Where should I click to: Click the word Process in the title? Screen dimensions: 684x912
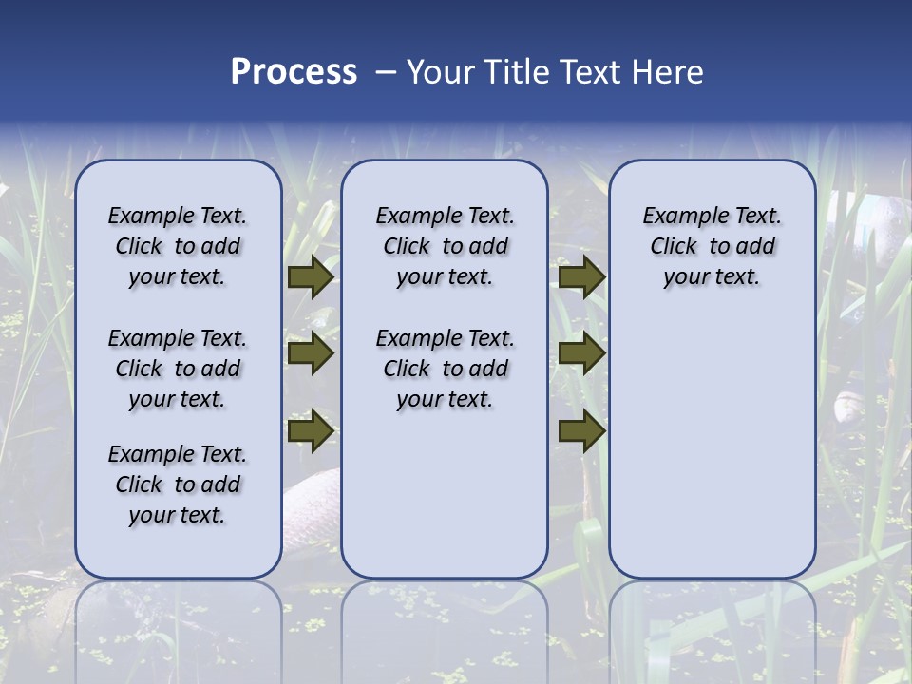294,72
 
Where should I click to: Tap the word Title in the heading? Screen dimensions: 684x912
518,72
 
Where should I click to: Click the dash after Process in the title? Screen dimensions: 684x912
385,73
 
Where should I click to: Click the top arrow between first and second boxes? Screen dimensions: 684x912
310,277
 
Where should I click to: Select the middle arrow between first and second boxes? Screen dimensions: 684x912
310,354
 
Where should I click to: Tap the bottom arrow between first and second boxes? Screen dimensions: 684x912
310,431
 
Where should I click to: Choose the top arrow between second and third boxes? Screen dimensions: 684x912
581,277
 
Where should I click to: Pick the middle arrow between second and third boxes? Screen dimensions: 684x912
581,354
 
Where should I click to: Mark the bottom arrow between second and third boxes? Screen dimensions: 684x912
581,431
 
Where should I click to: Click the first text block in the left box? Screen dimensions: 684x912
178,246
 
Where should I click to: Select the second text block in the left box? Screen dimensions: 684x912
178,369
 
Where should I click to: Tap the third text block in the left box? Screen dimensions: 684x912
178,484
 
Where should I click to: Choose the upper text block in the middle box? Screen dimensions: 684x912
445,246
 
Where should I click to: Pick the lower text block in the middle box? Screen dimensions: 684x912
445,369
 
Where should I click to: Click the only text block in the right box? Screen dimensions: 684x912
712,246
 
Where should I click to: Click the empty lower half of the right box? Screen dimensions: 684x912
712,456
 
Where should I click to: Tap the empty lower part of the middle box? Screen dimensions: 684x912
445,494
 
